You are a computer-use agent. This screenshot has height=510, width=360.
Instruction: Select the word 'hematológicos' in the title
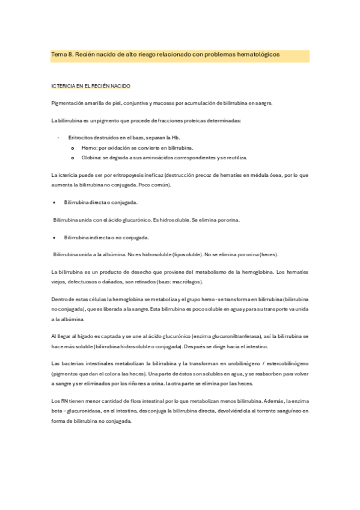click(260, 55)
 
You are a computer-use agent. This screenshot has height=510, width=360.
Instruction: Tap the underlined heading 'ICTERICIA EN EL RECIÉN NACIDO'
click(91, 87)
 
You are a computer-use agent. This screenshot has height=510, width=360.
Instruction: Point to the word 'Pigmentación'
click(69, 103)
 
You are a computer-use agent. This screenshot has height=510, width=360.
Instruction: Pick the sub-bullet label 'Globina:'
click(91, 158)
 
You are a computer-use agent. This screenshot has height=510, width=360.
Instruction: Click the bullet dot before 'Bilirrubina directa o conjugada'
click(55, 203)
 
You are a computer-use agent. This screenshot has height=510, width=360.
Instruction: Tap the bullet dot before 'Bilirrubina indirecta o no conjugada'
click(55, 238)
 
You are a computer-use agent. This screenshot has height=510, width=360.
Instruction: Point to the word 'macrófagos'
click(185, 282)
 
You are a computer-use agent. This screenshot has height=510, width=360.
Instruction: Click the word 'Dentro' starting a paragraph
click(61, 300)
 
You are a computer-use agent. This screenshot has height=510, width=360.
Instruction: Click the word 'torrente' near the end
click(257, 411)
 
